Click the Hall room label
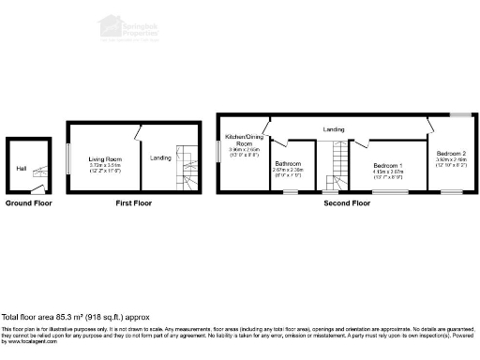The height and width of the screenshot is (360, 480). coord(21,169)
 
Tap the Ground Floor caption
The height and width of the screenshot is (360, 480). coord(29,202)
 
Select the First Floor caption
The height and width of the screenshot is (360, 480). coord(134,202)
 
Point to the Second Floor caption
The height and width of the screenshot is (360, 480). coord(347,202)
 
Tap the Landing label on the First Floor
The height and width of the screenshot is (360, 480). coord(160,157)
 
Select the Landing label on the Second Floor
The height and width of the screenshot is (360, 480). coord(333,129)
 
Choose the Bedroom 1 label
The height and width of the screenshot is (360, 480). coord(386,165)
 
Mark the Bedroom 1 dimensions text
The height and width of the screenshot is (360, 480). coord(386,174)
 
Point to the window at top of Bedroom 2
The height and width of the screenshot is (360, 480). coord(458,115)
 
